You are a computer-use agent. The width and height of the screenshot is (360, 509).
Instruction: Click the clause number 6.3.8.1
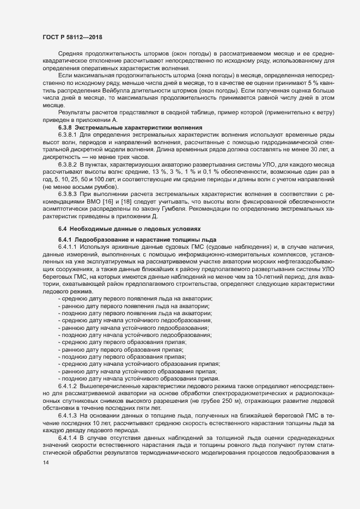coord(68,133)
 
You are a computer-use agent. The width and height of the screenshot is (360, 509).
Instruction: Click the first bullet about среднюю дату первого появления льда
coord(135,299)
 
